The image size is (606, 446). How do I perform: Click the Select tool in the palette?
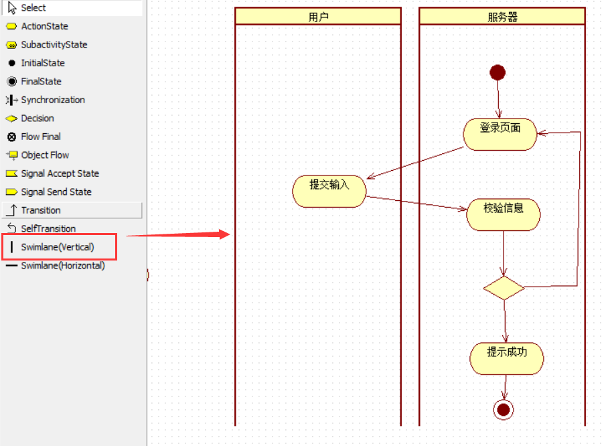[33, 8]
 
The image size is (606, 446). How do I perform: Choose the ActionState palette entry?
[44, 26]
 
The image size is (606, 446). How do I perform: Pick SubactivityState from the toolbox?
[54, 45]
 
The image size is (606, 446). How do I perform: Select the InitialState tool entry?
[43, 63]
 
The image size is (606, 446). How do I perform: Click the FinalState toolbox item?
[41, 82]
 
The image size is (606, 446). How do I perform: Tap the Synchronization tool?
[53, 100]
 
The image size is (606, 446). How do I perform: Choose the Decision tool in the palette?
[37, 119]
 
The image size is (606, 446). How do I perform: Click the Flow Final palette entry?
[41, 137]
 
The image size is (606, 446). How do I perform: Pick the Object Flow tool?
[45, 155]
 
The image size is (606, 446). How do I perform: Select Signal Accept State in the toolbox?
[60, 173]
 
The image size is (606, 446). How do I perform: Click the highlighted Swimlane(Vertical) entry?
[58, 247]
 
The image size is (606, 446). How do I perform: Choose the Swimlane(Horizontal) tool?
[62, 266]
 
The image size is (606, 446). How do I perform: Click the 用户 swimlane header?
[318, 17]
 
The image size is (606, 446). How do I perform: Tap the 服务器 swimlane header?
[502, 17]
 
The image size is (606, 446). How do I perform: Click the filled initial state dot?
[498, 72]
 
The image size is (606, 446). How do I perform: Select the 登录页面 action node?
[500, 134]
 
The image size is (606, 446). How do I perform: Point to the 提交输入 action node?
[329, 191]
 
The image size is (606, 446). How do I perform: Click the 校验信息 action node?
[503, 214]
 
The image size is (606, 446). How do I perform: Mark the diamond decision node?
[504, 288]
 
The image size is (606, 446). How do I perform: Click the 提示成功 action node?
[506, 358]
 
